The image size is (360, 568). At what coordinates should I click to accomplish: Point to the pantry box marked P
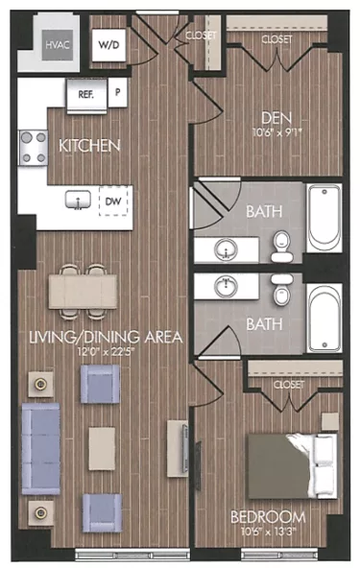click(x=118, y=93)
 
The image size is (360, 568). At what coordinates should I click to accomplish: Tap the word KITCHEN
click(x=89, y=147)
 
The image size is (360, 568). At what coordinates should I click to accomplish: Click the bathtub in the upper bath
click(x=323, y=219)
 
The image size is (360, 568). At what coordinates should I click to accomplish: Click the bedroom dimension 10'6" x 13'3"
click(x=270, y=531)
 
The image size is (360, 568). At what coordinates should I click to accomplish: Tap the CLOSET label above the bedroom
click(x=289, y=384)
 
